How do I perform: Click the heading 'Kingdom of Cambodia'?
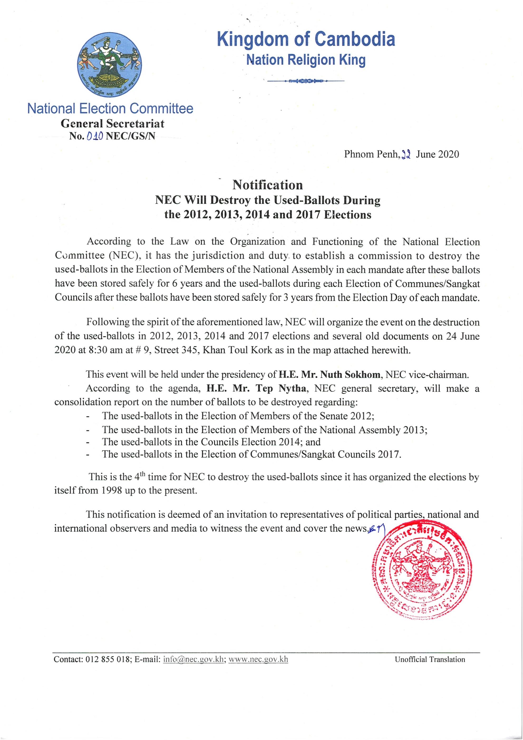[306, 39]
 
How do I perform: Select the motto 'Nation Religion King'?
[306, 60]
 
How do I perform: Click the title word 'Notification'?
[268, 185]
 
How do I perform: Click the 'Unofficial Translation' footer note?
[430, 660]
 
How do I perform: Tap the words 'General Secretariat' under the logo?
[113, 123]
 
